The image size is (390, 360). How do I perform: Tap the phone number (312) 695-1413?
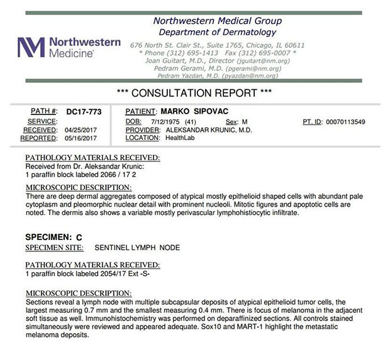pyautogui.click(x=187, y=53)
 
